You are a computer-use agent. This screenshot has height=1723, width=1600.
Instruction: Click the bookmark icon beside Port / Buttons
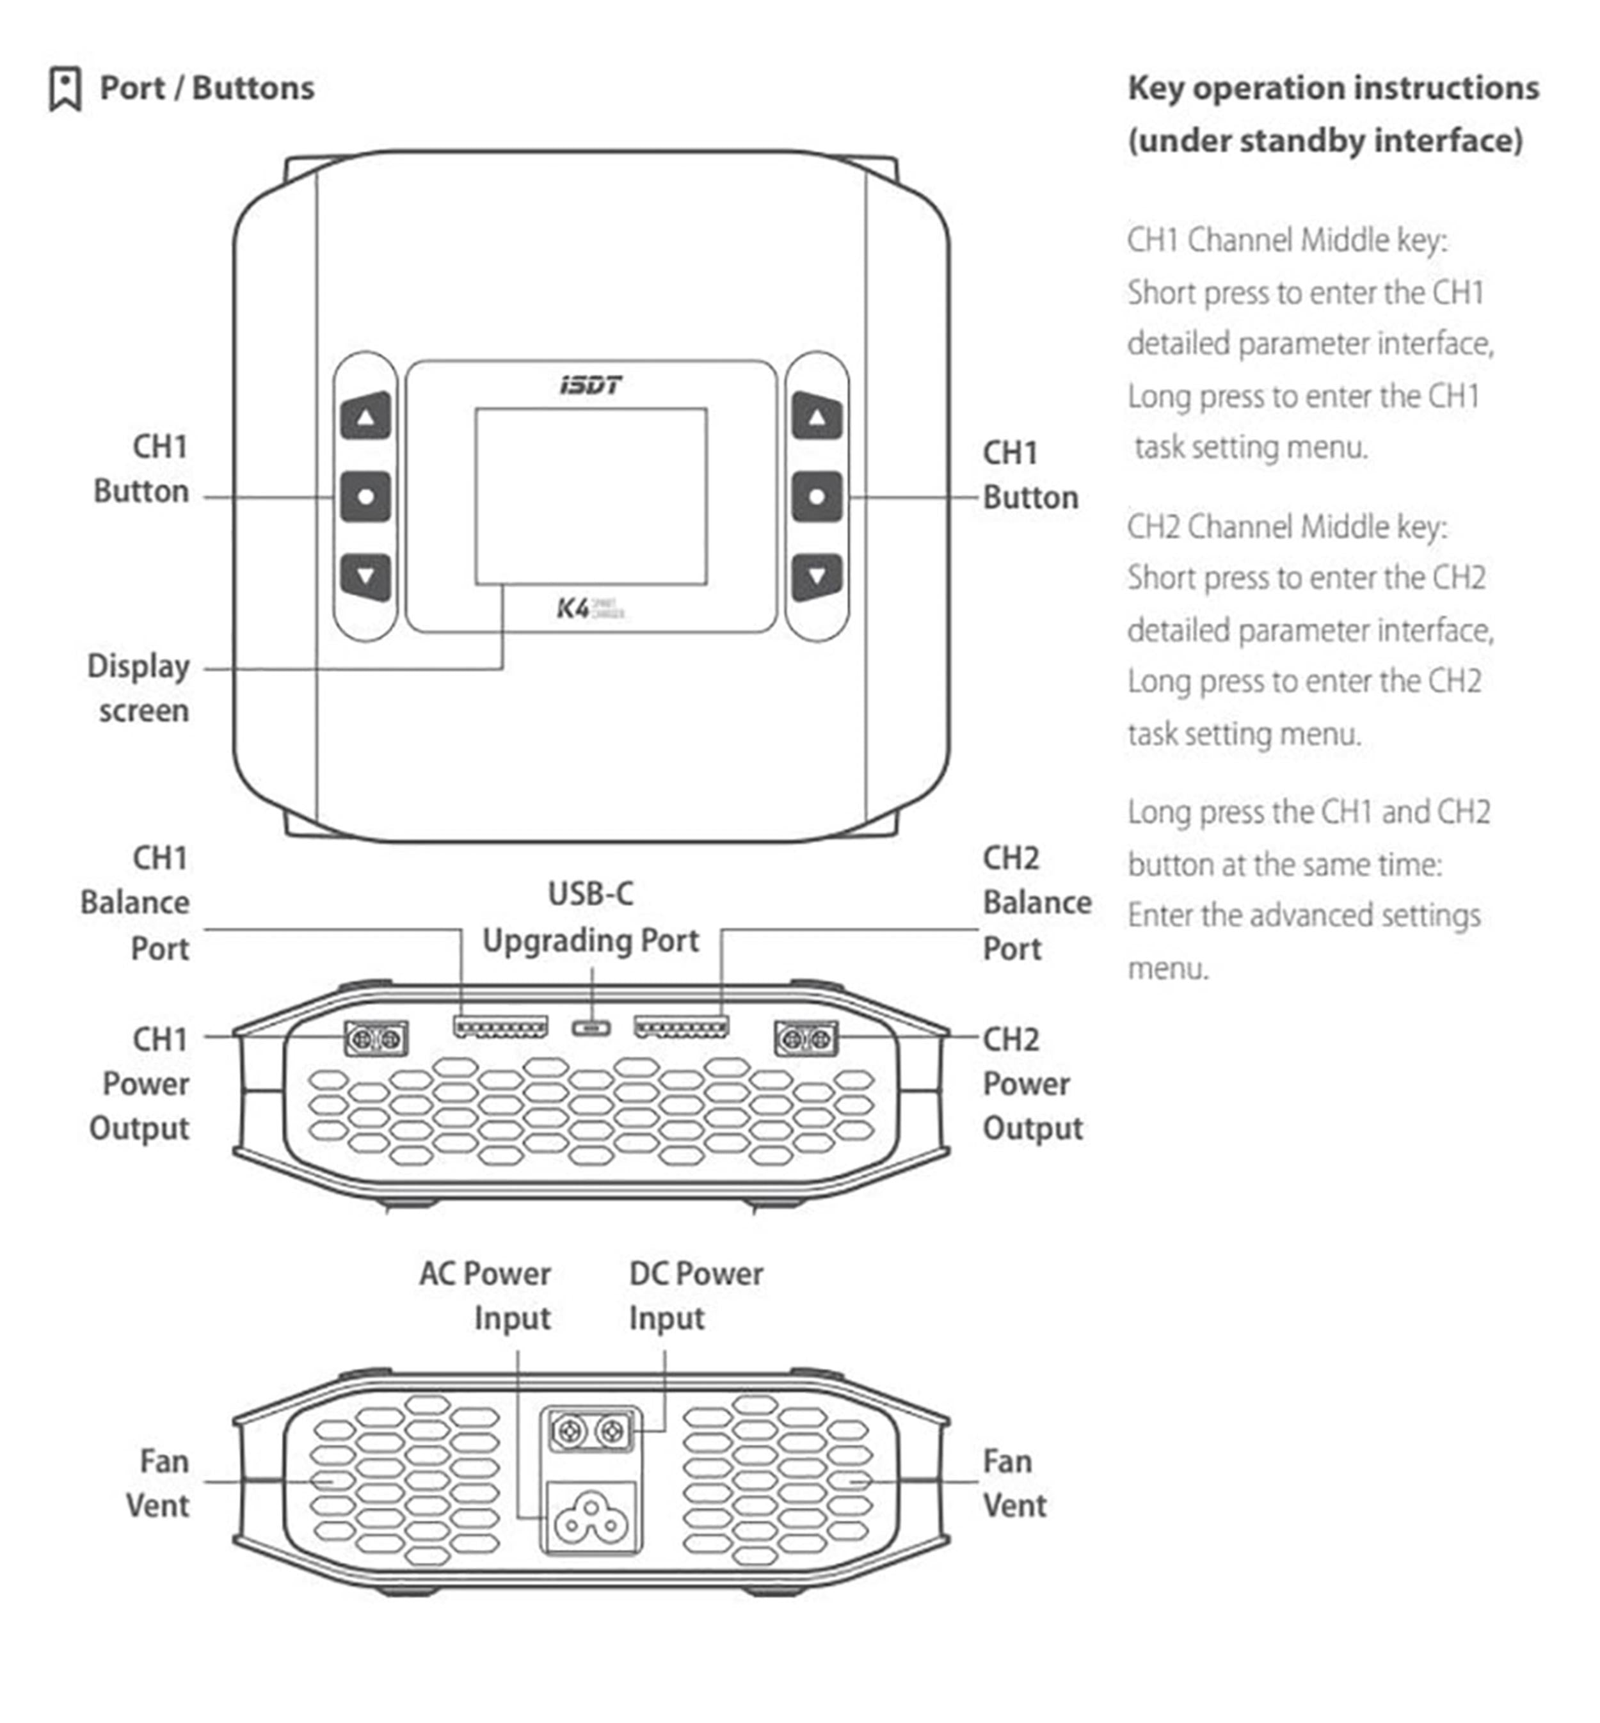[65, 88]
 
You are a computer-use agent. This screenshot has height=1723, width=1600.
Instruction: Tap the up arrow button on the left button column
[365, 417]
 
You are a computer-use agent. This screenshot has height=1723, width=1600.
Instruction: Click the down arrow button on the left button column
[365, 576]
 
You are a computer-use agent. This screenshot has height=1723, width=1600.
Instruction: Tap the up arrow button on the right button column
[817, 417]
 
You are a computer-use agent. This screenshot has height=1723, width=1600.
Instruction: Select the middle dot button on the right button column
[817, 497]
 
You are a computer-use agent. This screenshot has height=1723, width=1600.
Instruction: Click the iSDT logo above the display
[591, 385]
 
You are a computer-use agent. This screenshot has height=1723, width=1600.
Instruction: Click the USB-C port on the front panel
[591, 1028]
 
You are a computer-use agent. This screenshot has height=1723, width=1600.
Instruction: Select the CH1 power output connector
[376, 1038]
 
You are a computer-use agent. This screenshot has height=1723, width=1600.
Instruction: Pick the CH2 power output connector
[806, 1038]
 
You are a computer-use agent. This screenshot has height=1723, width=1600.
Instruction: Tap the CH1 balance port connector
[500, 1028]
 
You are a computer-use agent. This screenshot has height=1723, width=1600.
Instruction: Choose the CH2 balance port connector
[682, 1028]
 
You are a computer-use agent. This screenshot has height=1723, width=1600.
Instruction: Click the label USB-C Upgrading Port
[591, 918]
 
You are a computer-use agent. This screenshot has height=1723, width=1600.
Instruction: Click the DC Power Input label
[695, 1296]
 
